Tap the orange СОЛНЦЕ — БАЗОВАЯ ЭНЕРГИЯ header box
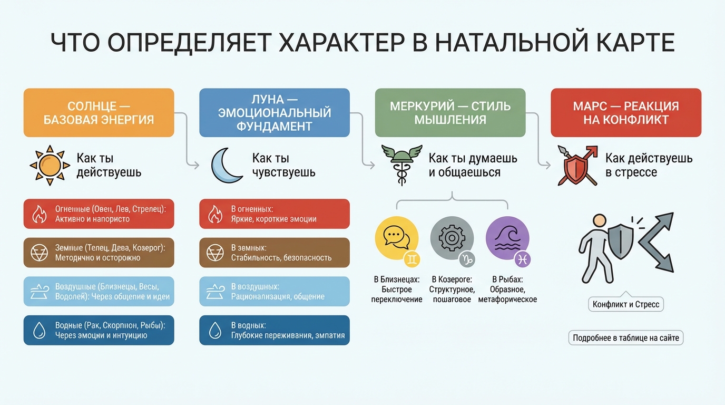[x=99, y=112]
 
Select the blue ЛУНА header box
[x=275, y=112]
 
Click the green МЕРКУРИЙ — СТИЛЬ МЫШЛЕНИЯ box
[x=450, y=112]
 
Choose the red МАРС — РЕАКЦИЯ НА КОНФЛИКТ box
[x=626, y=112]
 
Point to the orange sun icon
[x=50, y=165]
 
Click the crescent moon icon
[x=226, y=165]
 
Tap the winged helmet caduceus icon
[x=402, y=165]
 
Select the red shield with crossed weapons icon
[x=577, y=165]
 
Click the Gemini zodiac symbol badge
[x=412, y=259]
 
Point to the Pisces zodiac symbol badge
[x=523, y=259]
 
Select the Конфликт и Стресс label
[x=626, y=304]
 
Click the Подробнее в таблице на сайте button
[x=626, y=338]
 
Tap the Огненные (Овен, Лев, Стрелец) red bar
[x=99, y=214]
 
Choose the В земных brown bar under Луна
[x=275, y=253]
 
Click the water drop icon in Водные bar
[x=39, y=331]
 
